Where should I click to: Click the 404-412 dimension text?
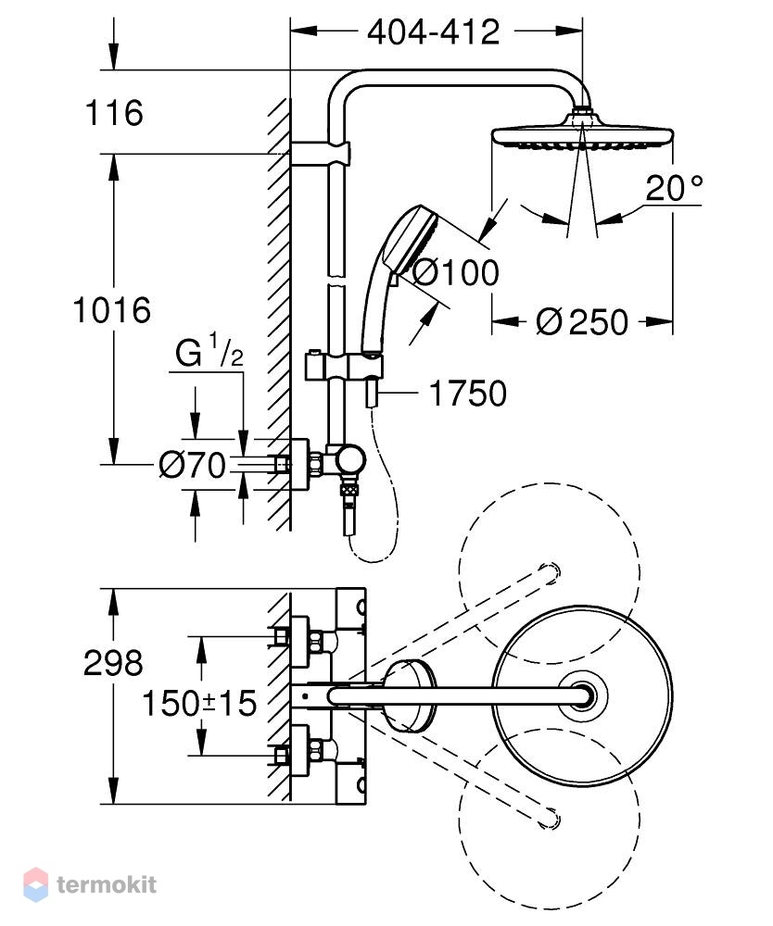(x=433, y=31)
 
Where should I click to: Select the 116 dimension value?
(x=114, y=112)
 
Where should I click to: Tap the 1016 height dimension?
(x=112, y=310)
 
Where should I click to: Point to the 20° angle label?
(x=674, y=188)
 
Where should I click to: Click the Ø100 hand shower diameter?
(x=454, y=272)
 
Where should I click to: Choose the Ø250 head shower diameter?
(x=582, y=322)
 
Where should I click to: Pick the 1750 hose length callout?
(x=467, y=394)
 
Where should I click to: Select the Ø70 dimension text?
(x=193, y=465)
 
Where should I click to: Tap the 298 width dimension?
(x=113, y=663)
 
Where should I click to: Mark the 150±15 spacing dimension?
(x=200, y=703)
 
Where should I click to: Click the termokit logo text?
(x=107, y=884)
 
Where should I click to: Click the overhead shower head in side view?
(x=582, y=132)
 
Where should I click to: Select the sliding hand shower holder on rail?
(x=343, y=368)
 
